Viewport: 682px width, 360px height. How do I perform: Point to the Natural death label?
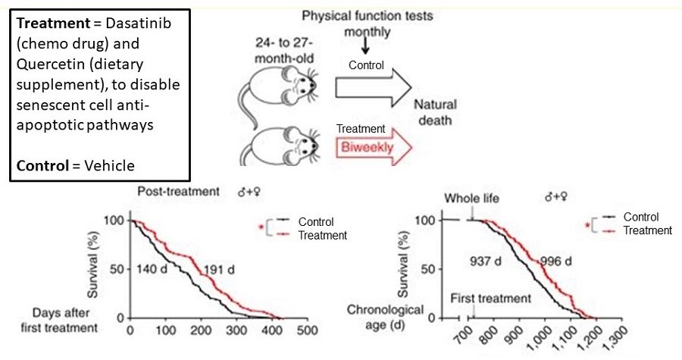(434, 112)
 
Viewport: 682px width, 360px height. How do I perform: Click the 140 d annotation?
(155, 268)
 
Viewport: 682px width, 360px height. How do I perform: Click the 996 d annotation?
(556, 261)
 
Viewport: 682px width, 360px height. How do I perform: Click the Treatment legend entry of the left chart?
(322, 236)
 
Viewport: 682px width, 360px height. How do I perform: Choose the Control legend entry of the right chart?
(641, 218)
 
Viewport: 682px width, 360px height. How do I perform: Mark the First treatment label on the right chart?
(491, 298)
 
